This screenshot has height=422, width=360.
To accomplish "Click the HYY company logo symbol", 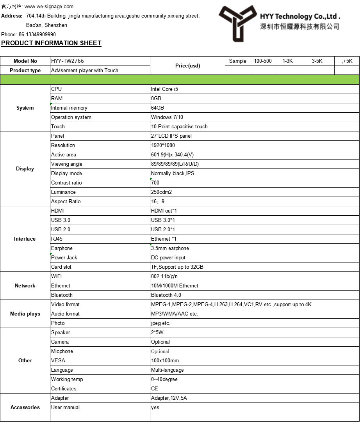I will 237,22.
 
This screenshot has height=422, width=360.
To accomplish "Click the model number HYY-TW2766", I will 68,61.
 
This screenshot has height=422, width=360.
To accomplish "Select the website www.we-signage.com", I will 49,7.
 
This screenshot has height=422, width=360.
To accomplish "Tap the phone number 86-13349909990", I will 37,34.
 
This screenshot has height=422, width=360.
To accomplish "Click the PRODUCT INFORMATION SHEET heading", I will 51,43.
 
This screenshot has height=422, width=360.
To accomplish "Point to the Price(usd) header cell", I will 187,66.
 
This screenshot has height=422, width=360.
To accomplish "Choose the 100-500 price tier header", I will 263,61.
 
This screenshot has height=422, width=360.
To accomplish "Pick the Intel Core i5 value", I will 164,89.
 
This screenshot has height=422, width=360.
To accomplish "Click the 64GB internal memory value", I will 157,108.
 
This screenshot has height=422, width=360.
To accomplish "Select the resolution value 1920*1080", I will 163,145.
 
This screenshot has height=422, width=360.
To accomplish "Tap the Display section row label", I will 25,168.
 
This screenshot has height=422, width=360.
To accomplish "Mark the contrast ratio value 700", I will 155,183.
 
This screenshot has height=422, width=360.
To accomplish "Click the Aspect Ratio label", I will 66,201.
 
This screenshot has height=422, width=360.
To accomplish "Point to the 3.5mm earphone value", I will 170,248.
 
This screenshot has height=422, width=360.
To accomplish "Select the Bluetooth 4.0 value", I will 166,295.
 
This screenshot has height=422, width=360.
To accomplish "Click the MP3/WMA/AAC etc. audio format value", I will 175,314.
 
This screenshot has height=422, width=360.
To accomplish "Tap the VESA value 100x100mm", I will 165,360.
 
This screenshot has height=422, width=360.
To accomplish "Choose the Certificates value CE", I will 155,388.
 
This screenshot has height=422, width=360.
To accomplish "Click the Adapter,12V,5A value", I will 169,398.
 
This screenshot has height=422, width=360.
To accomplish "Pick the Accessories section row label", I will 25,407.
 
